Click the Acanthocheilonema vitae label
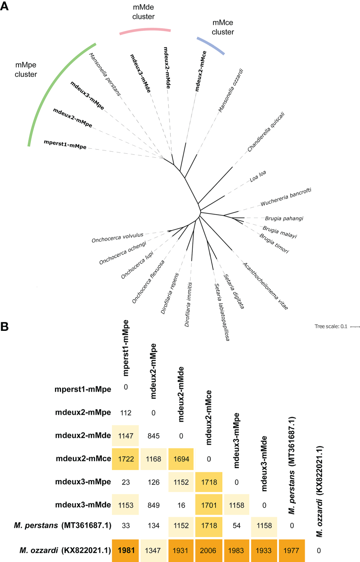click(265, 286)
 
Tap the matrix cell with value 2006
click(208, 550)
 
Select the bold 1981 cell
click(126, 550)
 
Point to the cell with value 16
click(180, 504)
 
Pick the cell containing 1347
click(153, 550)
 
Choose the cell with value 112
click(126, 412)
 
